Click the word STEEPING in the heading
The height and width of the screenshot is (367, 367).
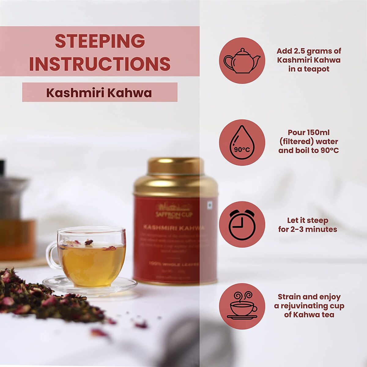100,41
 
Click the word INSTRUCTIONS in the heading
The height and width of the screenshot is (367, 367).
100,64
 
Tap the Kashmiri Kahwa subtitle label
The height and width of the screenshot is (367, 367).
99,93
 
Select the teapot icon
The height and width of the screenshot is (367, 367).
242,60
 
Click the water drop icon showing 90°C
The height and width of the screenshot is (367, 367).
242,143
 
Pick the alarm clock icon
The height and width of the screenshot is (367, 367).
242,224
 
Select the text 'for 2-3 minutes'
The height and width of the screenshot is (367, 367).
308,229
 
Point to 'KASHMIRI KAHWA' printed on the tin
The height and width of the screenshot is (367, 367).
174,228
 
